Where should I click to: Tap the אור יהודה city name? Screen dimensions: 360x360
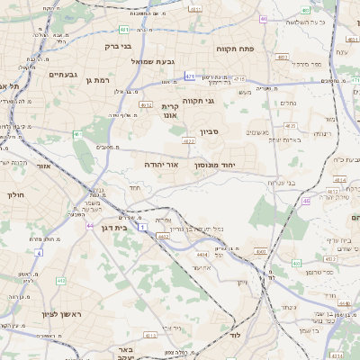pos(162,166)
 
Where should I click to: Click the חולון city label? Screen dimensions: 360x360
pos(17,193)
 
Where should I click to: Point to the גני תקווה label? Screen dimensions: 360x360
pos(198,101)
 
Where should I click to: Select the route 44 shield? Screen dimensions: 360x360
pos(90,224)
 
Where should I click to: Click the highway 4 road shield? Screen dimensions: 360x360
pos(39,252)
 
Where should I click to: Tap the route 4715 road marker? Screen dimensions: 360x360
pos(238,79)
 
